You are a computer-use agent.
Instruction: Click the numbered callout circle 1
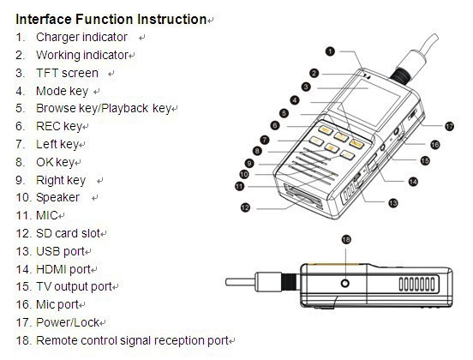[x=330, y=51]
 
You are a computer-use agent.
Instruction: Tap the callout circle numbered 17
[x=449, y=126]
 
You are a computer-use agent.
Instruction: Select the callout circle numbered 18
[x=346, y=240]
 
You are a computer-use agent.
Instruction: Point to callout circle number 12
[x=245, y=207]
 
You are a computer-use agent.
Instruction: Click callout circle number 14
[x=413, y=182]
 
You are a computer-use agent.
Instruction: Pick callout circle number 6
[x=275, y=125]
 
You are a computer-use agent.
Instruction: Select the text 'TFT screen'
[x=67, y=74]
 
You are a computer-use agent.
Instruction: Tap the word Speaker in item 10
[x=57, y=198]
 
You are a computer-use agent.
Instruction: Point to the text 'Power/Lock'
[x=68, y=322]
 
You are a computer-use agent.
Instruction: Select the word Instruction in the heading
[x=172, y=20]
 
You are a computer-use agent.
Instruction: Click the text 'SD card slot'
[x=68, y=233]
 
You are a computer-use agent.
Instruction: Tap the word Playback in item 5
[x=124, y=109]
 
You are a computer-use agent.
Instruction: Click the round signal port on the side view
[x=345, y=283]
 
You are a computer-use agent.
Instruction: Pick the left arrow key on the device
[x=316, y=141]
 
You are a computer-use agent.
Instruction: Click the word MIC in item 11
[x=46, y=215]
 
